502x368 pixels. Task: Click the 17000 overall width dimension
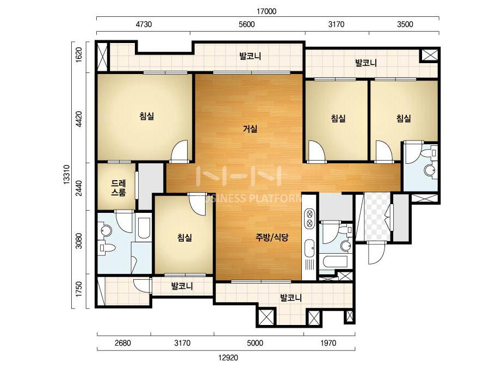pos(267,11)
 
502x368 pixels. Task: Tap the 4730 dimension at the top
pos(144,24)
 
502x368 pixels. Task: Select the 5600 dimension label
pos(247,24)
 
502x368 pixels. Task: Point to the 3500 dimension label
pos(405,24)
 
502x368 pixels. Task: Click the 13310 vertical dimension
pos(66,174)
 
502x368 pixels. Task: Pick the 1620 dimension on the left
pos(79,54)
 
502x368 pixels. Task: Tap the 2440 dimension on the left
pos(79,188)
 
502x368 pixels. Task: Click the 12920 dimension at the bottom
pos(228,358)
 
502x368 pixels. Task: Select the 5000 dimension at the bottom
pos(255,343)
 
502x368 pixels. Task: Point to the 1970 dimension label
pos(329,343)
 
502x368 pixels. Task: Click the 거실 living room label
pos(250,129)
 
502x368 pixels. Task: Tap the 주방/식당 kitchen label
pos(272,237)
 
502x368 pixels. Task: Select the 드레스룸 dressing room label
pos(119,188)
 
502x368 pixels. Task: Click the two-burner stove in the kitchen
pos(309,218)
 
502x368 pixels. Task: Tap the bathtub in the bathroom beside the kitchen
pos(336,262)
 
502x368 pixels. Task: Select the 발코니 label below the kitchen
pos(290,298)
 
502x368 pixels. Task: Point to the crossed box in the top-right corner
pos(429,55)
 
